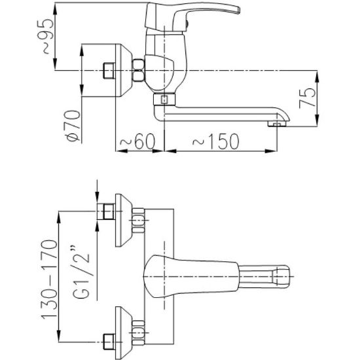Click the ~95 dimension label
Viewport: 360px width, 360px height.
(48, 36)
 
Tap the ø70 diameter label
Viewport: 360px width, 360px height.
(73, 126)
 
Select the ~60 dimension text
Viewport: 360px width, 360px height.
(137, 141)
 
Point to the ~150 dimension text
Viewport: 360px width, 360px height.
(215, 141)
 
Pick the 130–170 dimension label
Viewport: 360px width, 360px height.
(49, 279)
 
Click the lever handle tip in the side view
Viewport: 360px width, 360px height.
(238, 10)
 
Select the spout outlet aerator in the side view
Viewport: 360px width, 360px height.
(277, 124)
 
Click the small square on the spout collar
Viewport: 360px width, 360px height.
(164, 99)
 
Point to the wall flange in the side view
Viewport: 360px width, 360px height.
(124, 70)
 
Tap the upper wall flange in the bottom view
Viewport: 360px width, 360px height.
(124, 221)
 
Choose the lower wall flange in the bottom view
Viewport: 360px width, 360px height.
(124, 333)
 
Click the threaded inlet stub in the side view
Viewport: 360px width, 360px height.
(109, 71)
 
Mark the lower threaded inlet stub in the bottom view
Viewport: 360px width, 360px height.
(109, 342)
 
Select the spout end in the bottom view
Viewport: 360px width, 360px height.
(281, 277)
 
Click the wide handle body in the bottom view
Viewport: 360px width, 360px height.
(190, 276)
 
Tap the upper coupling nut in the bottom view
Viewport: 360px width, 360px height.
(139, 221)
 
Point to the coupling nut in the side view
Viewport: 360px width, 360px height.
(139, 70)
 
